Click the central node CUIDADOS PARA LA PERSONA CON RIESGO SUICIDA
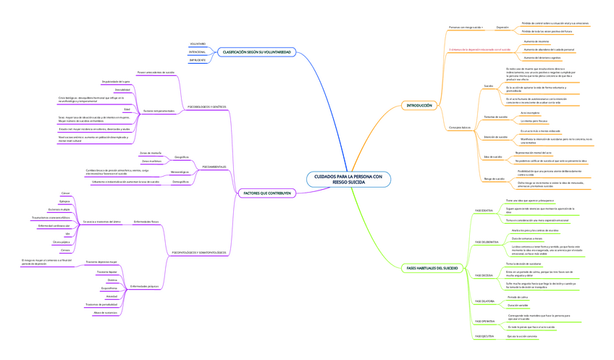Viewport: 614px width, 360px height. [x=348, y=180]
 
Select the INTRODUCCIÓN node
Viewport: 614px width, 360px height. [x=419, y=106]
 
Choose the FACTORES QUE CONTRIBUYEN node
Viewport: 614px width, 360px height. [x=267, y=193]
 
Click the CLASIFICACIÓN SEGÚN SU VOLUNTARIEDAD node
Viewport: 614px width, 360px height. [x=256, y=52]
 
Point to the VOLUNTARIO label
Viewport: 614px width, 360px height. [x=198, y=44]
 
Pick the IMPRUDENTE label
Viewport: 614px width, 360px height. [x=198, y=60]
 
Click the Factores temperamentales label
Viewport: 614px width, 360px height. [x=159, y=111]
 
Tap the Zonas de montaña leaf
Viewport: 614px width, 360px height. [x=150, y=153]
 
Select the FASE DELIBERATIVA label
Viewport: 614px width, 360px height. [x=487, y=241]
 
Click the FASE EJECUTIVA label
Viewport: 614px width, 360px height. [x=484, y=336]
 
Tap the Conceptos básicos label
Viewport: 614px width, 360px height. [x=459, y=127]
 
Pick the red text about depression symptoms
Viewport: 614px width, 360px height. [x=480, y=49]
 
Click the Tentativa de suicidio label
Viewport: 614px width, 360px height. [x=495, y=116]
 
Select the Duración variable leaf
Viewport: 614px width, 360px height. [x=518, y=306]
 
